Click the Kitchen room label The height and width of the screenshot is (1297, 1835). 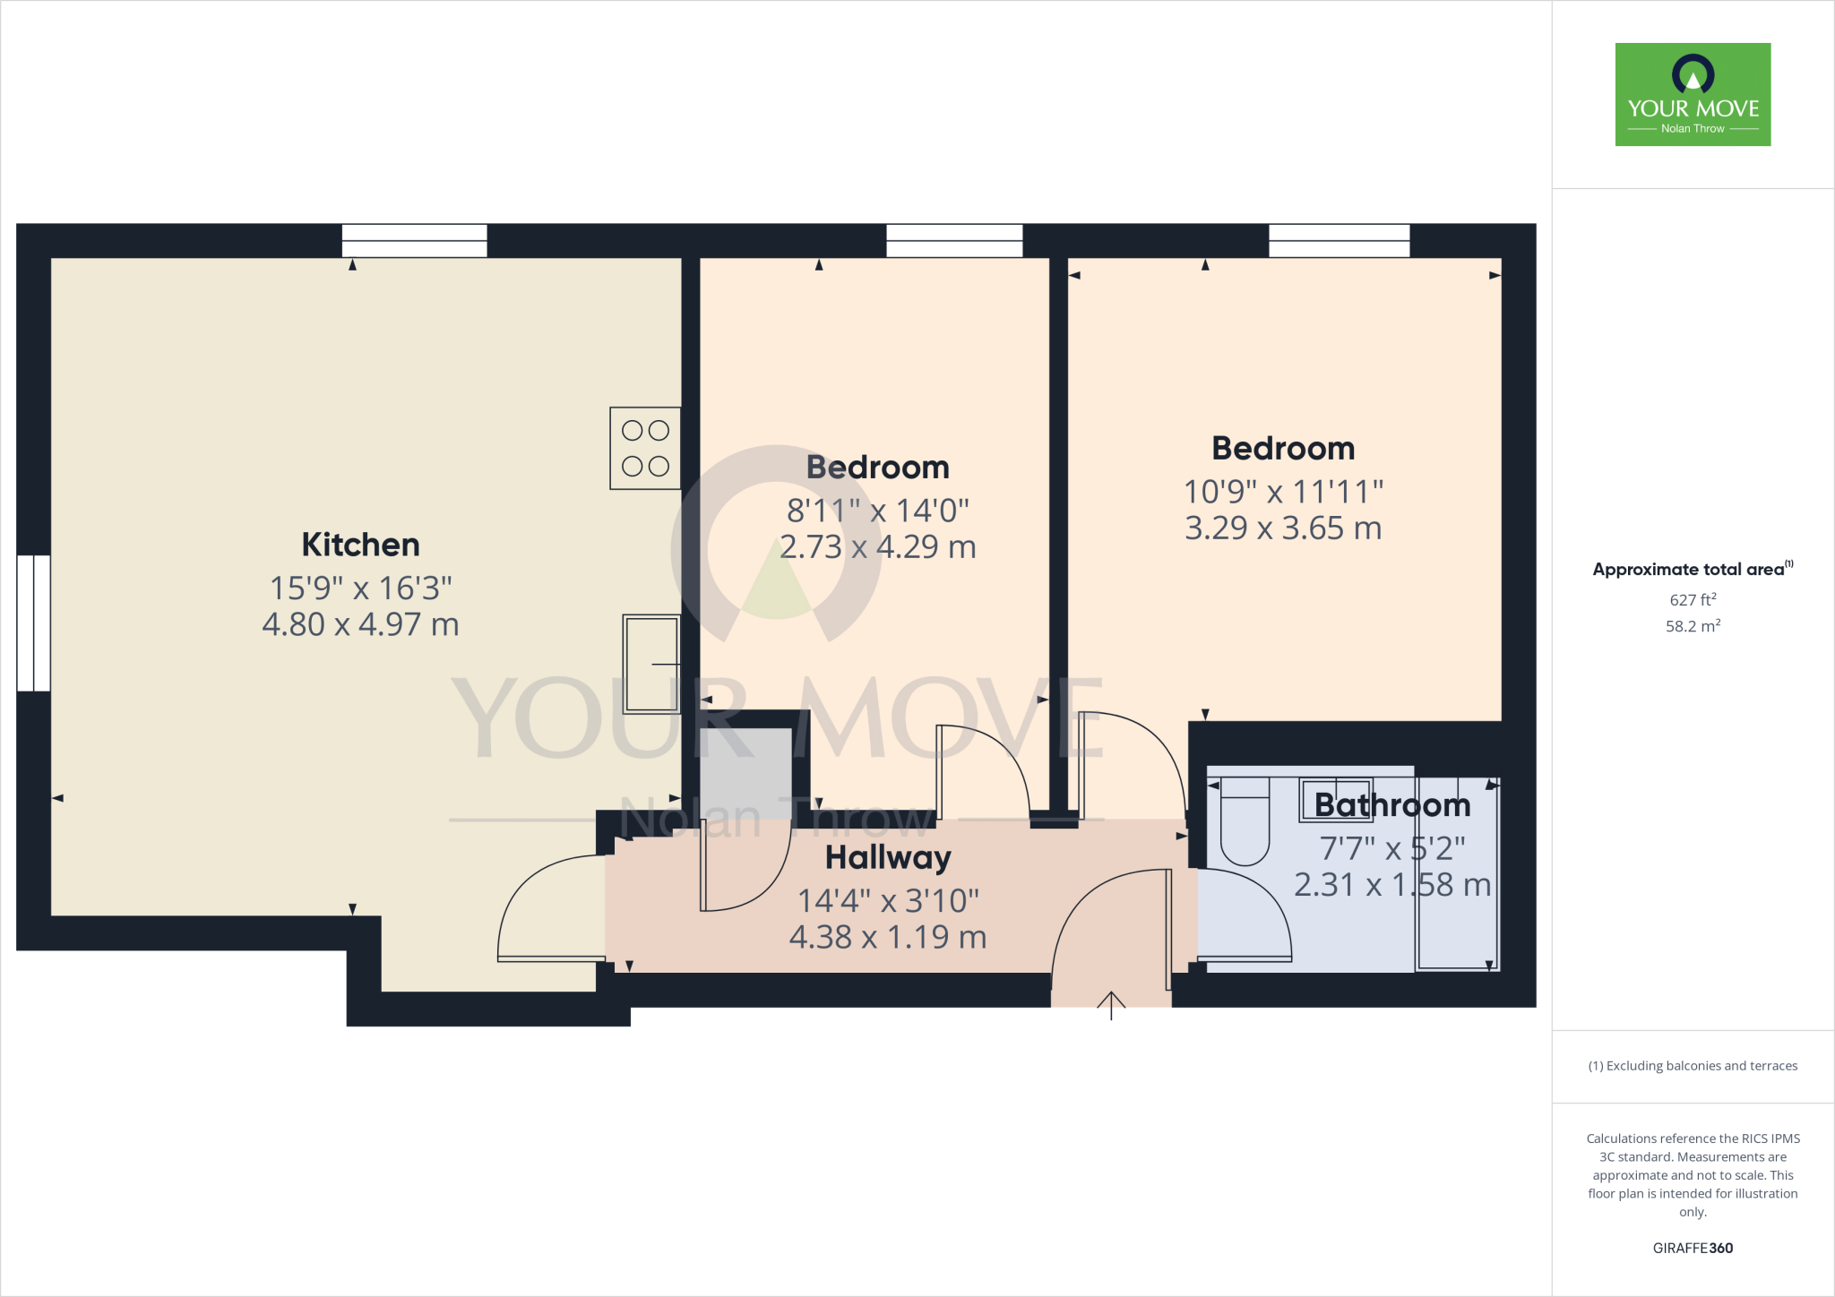[x=360, y=545]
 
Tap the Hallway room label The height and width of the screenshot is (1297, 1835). [x=887, y=858]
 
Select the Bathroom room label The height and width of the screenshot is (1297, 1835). [x=1391, y=805]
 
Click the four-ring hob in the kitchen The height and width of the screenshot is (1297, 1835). [x=645, y=448]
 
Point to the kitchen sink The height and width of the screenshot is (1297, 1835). [x=651, y=663]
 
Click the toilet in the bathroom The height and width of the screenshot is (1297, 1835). [x=1245, y=822]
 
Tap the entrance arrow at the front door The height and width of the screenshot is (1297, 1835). [x=1111, y=1005]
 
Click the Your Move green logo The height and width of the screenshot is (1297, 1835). [x=1693, y=94]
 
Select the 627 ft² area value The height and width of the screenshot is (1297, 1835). [x=1693, y=600]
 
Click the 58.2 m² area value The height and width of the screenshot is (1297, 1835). [x=1693, y=626]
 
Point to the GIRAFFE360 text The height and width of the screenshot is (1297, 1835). [x=1693, y=1248]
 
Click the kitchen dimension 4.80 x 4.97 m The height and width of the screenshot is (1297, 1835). [x=360, y=624]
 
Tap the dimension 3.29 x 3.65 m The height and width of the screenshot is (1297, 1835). [x=1283, y=528]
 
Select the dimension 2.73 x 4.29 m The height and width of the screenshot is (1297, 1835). [x=877, y=547]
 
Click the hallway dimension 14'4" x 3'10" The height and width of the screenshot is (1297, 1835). [x=887, y=901]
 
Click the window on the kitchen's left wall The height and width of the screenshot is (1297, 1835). [x=34, y=623]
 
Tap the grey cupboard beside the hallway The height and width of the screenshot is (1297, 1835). [x=745, y=770]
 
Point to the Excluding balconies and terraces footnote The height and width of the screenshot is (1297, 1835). [x=1693, y=1066]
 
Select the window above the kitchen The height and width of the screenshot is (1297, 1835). [x=414, y=241]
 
